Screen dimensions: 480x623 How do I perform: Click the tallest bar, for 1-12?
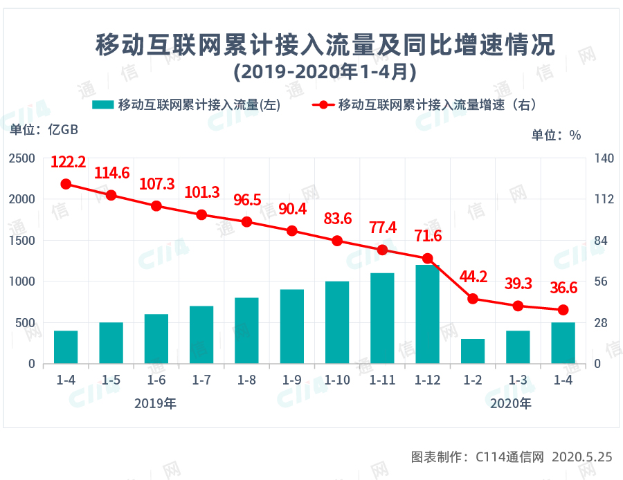pyautogui.click(x=427, y=314)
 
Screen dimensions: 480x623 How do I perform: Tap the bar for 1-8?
pyautogui.click(x=246, y=331)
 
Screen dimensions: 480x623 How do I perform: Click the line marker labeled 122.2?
pyautogui.click(x=66, y=184)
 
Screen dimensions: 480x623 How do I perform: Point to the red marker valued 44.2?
pyautogui.click(x=473, y=299)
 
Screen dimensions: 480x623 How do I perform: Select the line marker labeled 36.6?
pyautogui.click(x=563, y=310)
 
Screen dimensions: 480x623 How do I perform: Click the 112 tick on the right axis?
pyautogui.click(x=604, y=199)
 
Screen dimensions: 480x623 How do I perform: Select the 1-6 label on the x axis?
pyautogui.click(x=156, y=380)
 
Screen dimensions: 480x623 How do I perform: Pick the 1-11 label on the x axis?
pyautogui.click(x=382, y=380)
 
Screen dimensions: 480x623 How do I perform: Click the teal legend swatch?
pyautogui.click(x=102, y=105)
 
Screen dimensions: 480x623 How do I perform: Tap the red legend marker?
pyautogui.click(x=323, y=105)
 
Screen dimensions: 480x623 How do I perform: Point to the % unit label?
pyautogui.click(x=575, y=136)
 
